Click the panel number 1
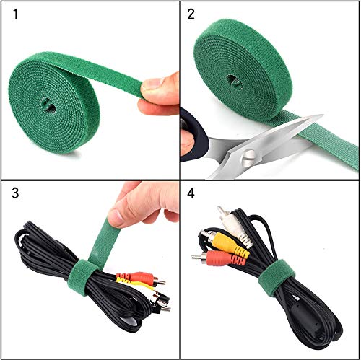[16, 14]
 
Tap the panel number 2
[191, 14]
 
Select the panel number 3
[15, 193]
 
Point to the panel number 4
[191, 193]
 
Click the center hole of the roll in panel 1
[48, 105]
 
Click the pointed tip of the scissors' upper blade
[323, 115]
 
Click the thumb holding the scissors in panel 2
[187, 141]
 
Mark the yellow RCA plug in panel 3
[135, 284]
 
